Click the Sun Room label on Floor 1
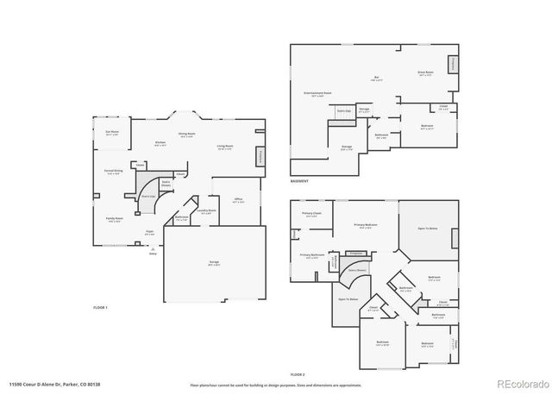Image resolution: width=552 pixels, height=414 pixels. point(110,133)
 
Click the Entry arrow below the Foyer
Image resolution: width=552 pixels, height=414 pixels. point(153,248)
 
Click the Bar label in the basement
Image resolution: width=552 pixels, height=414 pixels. point(377,78)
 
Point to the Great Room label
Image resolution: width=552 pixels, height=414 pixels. point(425,74)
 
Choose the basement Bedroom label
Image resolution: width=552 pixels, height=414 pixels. point(426,126)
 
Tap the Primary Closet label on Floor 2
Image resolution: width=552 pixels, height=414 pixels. point(310,214)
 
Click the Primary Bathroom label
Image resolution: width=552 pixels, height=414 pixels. point(311,255)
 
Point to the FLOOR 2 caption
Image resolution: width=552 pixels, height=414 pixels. point(298,373)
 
